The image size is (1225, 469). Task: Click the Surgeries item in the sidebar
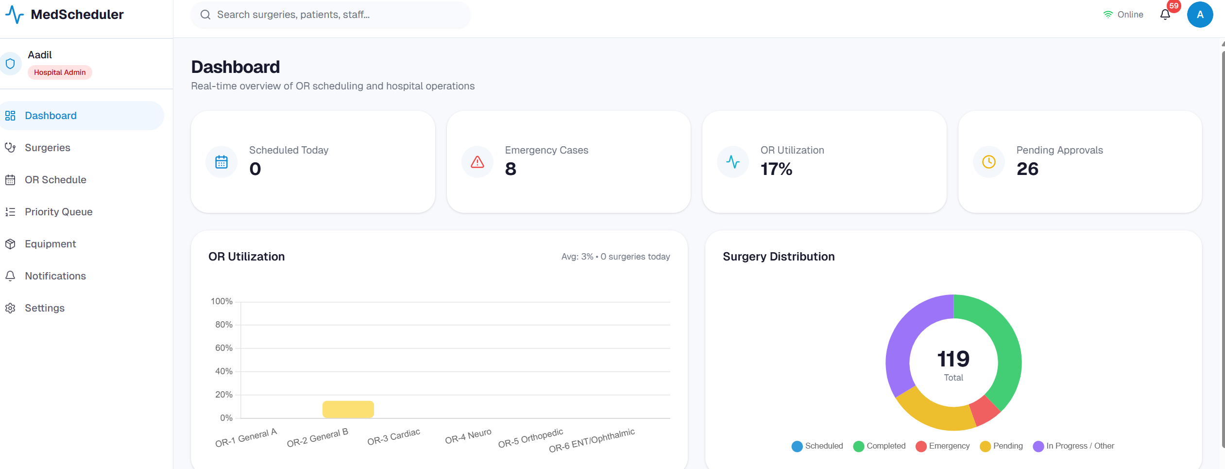[47, 148]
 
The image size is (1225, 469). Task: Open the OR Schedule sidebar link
[55, 180]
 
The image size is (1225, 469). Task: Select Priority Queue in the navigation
[58, 212]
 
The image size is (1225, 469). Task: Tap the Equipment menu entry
[50, 244]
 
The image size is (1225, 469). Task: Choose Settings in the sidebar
[44, 308]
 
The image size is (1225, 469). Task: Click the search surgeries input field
[330, 15]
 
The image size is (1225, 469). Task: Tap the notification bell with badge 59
[1165, 15]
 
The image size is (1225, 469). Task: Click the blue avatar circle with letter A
[1200, 15]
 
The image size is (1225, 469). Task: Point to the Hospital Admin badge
[60, 72]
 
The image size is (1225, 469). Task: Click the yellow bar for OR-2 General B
[348, 409]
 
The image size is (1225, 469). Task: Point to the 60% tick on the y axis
[223, 348]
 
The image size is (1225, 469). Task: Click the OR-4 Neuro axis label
[468, 436]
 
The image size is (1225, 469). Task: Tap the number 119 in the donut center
[953, 359]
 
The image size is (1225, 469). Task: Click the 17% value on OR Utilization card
[776, 169]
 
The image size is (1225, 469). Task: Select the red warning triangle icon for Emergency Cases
[477, 162]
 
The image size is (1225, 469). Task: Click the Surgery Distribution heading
[778, 257]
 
